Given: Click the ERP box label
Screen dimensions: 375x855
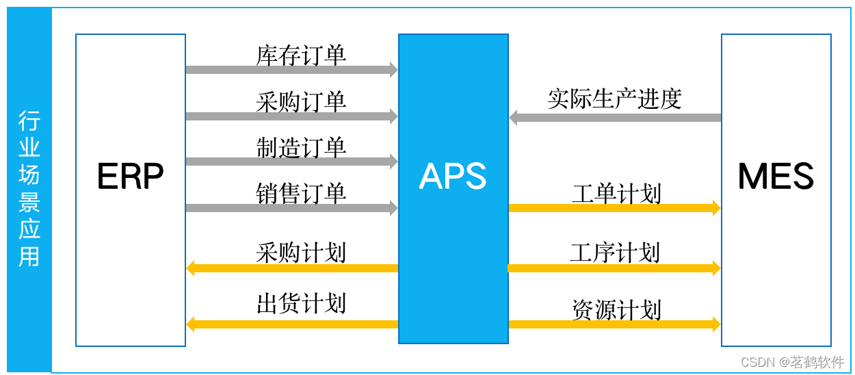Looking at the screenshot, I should [x=130, y=177].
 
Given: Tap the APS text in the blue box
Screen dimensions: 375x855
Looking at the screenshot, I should [x=453, y=177].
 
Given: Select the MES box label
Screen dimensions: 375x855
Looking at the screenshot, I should [x=776, y=177].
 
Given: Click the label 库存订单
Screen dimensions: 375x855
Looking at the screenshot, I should [x=301, y=55].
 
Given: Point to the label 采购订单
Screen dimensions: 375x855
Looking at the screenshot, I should [x=301, y=102].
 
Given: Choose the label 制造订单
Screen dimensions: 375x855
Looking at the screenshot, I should [x=301, y=147].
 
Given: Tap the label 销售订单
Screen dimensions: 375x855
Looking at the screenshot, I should [x=301, y=193].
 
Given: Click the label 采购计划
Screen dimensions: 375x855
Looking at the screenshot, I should [x=301, y=253].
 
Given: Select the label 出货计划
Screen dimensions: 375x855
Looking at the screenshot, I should [x=301, y=303].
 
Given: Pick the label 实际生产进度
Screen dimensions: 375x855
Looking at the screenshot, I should [x=614, y=99].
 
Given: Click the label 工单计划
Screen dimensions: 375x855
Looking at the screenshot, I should [x=616, y=194].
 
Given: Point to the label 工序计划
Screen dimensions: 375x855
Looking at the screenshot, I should [x=615, y=253].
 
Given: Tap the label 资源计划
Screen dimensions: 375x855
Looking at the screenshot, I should [x=616, y=310].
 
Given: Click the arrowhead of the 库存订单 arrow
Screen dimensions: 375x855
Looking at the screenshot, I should [x=394, y=70].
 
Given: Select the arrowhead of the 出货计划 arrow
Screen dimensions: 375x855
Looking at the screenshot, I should [x=190, y=324].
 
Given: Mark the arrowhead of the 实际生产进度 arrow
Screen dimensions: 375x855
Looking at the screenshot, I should [x=513, y=118].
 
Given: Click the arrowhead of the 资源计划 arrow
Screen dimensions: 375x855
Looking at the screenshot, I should [x=717, y=324].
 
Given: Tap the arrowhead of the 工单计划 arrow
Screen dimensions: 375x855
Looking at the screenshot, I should [x=717, y=208].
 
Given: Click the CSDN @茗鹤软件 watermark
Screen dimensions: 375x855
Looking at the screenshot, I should [x=792, y=362].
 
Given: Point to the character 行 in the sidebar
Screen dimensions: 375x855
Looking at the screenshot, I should [x=29, y=121].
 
